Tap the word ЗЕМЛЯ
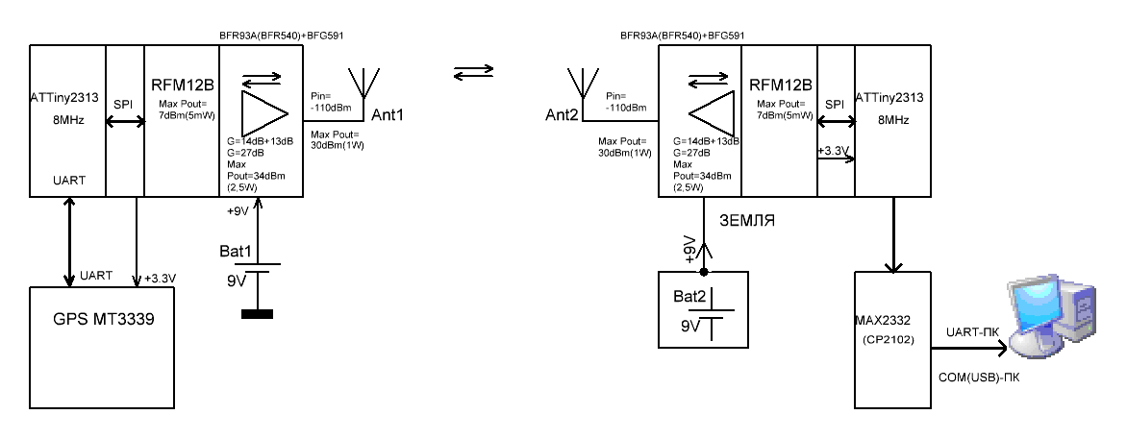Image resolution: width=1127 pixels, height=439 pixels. tap(746, 220)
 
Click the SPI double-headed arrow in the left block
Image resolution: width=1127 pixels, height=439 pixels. tap(123, 121)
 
